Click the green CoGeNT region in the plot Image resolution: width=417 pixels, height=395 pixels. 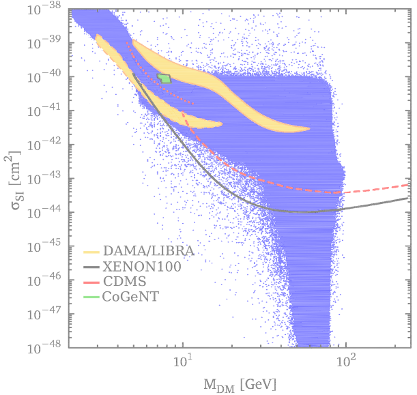pos(164,78)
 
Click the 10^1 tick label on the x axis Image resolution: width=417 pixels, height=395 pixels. pos(182,362)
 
